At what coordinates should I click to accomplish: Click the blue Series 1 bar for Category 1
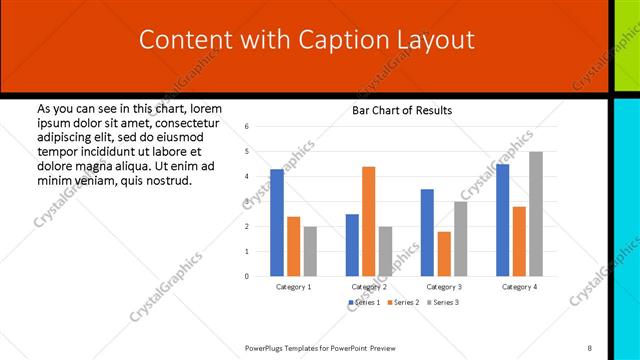[x=277, y=222]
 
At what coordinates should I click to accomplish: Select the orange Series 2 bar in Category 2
[x=368, y=221]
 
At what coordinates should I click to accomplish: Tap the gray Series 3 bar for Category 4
[x=536, y=214]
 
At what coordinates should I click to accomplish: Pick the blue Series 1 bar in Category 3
[x=427, y=232]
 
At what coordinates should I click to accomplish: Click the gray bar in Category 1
[x=310, y=251]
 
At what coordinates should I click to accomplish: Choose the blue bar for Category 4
[x=502, y=220]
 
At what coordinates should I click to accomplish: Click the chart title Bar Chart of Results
[x=402, y=110]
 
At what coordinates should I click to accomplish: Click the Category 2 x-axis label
[x=368, y=287]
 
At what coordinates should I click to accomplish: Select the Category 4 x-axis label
[x=519, y=287]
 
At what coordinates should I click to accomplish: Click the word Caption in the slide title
[x=337, y=40]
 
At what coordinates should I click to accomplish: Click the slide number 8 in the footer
[x=590, y=347]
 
